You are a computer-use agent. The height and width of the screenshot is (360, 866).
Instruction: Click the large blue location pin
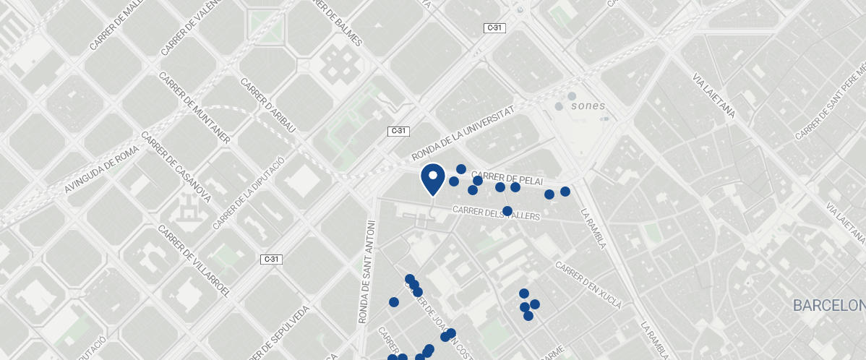432,179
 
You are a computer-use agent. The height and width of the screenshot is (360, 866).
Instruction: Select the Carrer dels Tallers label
497,213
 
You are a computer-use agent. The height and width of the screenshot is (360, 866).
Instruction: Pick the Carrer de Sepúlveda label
278,333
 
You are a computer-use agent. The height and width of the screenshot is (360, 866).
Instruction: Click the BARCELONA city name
828,305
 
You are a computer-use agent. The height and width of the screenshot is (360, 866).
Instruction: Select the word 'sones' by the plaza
588,106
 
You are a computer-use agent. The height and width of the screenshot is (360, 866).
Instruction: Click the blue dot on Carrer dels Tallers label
507,211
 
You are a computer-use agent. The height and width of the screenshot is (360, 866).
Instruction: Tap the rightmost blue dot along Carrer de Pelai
565,192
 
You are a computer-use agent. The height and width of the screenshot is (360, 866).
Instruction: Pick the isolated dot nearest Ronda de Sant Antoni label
394,302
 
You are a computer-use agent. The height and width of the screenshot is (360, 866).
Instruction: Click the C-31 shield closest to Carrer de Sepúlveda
271,259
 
